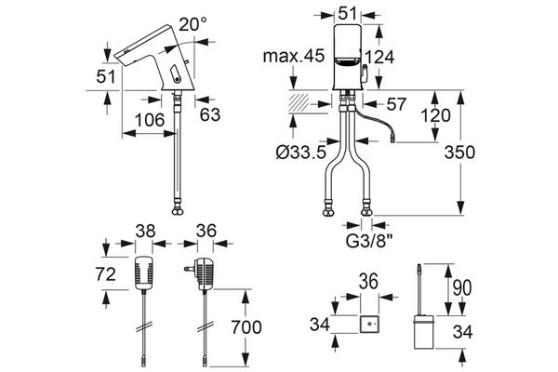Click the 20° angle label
pos(193,24)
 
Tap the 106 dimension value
pos(150,120)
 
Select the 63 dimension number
pos(210,114)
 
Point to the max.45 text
pos(294,56)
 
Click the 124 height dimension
pos(380,57)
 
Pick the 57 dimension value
pos(396,104)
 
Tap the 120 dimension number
pos(435,115)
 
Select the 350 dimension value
pos(459,153)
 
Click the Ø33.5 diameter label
pos(301,153)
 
